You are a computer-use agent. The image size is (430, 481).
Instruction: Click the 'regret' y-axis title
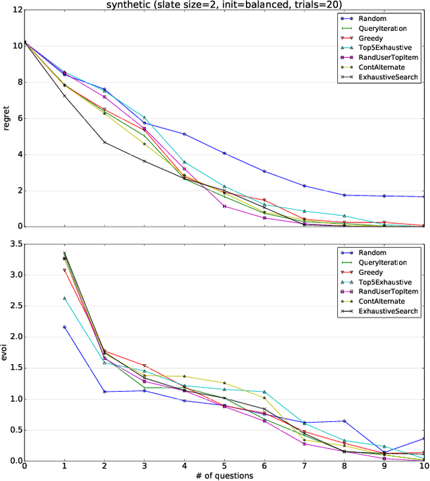click(6, 119)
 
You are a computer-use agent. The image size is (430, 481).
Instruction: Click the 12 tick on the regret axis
click(15, 10)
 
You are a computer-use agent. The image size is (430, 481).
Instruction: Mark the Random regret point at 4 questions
click(185, 134)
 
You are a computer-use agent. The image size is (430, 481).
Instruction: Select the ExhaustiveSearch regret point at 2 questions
click(104, 142)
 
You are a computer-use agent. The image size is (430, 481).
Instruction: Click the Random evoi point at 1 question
click(64, 326)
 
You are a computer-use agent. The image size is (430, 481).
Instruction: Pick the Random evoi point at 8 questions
click(344, 421)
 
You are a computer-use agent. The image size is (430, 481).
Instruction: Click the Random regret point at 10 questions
click(424, 197)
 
